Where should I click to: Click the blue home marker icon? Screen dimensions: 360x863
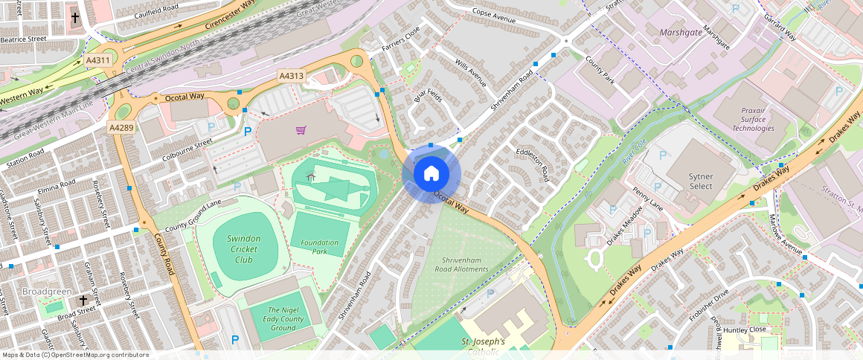[x=431, y=174]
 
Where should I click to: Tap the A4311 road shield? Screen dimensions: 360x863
[x=98, y=60]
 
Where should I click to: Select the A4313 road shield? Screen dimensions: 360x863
[x=292, y=76]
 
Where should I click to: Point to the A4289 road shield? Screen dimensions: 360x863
[x=121, y=128]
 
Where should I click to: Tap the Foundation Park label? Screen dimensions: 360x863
[x=320, y=247]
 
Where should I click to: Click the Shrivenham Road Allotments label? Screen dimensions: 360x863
[x=465, y=264]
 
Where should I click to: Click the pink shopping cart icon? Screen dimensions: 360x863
[x=301, y=130]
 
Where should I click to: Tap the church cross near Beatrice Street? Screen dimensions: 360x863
[x=74, y=16]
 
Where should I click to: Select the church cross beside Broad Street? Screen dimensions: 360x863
[x=84, y=300]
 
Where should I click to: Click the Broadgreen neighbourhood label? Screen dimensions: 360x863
[x=47, y=291]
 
